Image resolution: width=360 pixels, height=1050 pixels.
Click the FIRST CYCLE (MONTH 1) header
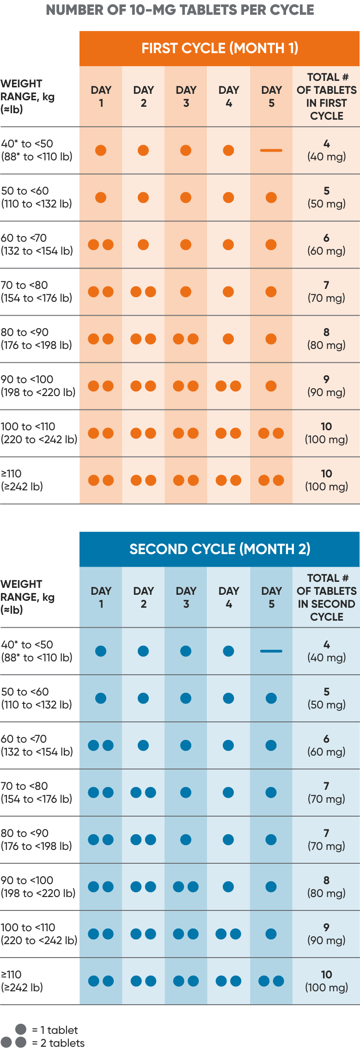(220, 48)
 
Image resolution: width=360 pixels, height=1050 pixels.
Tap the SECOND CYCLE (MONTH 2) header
(220, 549)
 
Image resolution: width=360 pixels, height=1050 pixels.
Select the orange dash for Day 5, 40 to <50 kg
(271, 150)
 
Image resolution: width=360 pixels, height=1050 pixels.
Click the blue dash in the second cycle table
(271, 651)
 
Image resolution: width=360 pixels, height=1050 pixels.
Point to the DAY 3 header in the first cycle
(186, 97)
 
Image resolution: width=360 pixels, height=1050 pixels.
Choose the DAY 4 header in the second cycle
(228, 598)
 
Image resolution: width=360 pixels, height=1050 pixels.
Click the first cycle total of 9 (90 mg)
(326, 386)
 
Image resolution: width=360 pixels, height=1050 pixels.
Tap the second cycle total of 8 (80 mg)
(326, 887)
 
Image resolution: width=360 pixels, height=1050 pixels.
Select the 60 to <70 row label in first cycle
(37, 244)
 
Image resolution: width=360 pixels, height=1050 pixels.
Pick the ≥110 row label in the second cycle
(22, 981)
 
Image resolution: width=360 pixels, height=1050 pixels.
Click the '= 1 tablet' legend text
(55, 1030)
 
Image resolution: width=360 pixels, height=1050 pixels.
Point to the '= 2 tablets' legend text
(58, 1043)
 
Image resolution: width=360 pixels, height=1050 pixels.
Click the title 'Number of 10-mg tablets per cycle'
(180, 10)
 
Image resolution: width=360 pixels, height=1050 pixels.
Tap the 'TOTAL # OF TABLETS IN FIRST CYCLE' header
(326, 97)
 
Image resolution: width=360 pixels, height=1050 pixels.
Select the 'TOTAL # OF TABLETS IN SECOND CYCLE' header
(326, 598)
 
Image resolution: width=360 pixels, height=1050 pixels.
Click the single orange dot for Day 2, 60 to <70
(143, 244)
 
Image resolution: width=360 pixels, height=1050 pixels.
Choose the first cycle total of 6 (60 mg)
(326, 244)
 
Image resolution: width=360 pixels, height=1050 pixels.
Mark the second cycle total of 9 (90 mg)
(326, 934)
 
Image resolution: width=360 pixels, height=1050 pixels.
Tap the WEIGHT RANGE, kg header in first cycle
(28, 97)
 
